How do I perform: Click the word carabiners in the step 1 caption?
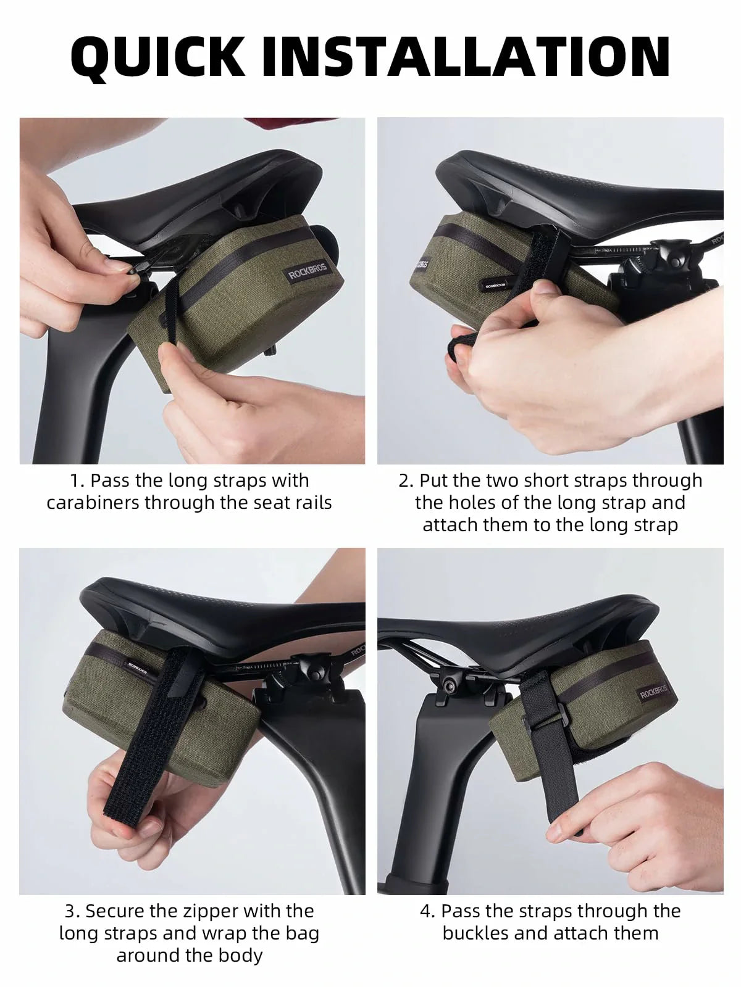pos(93,503)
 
